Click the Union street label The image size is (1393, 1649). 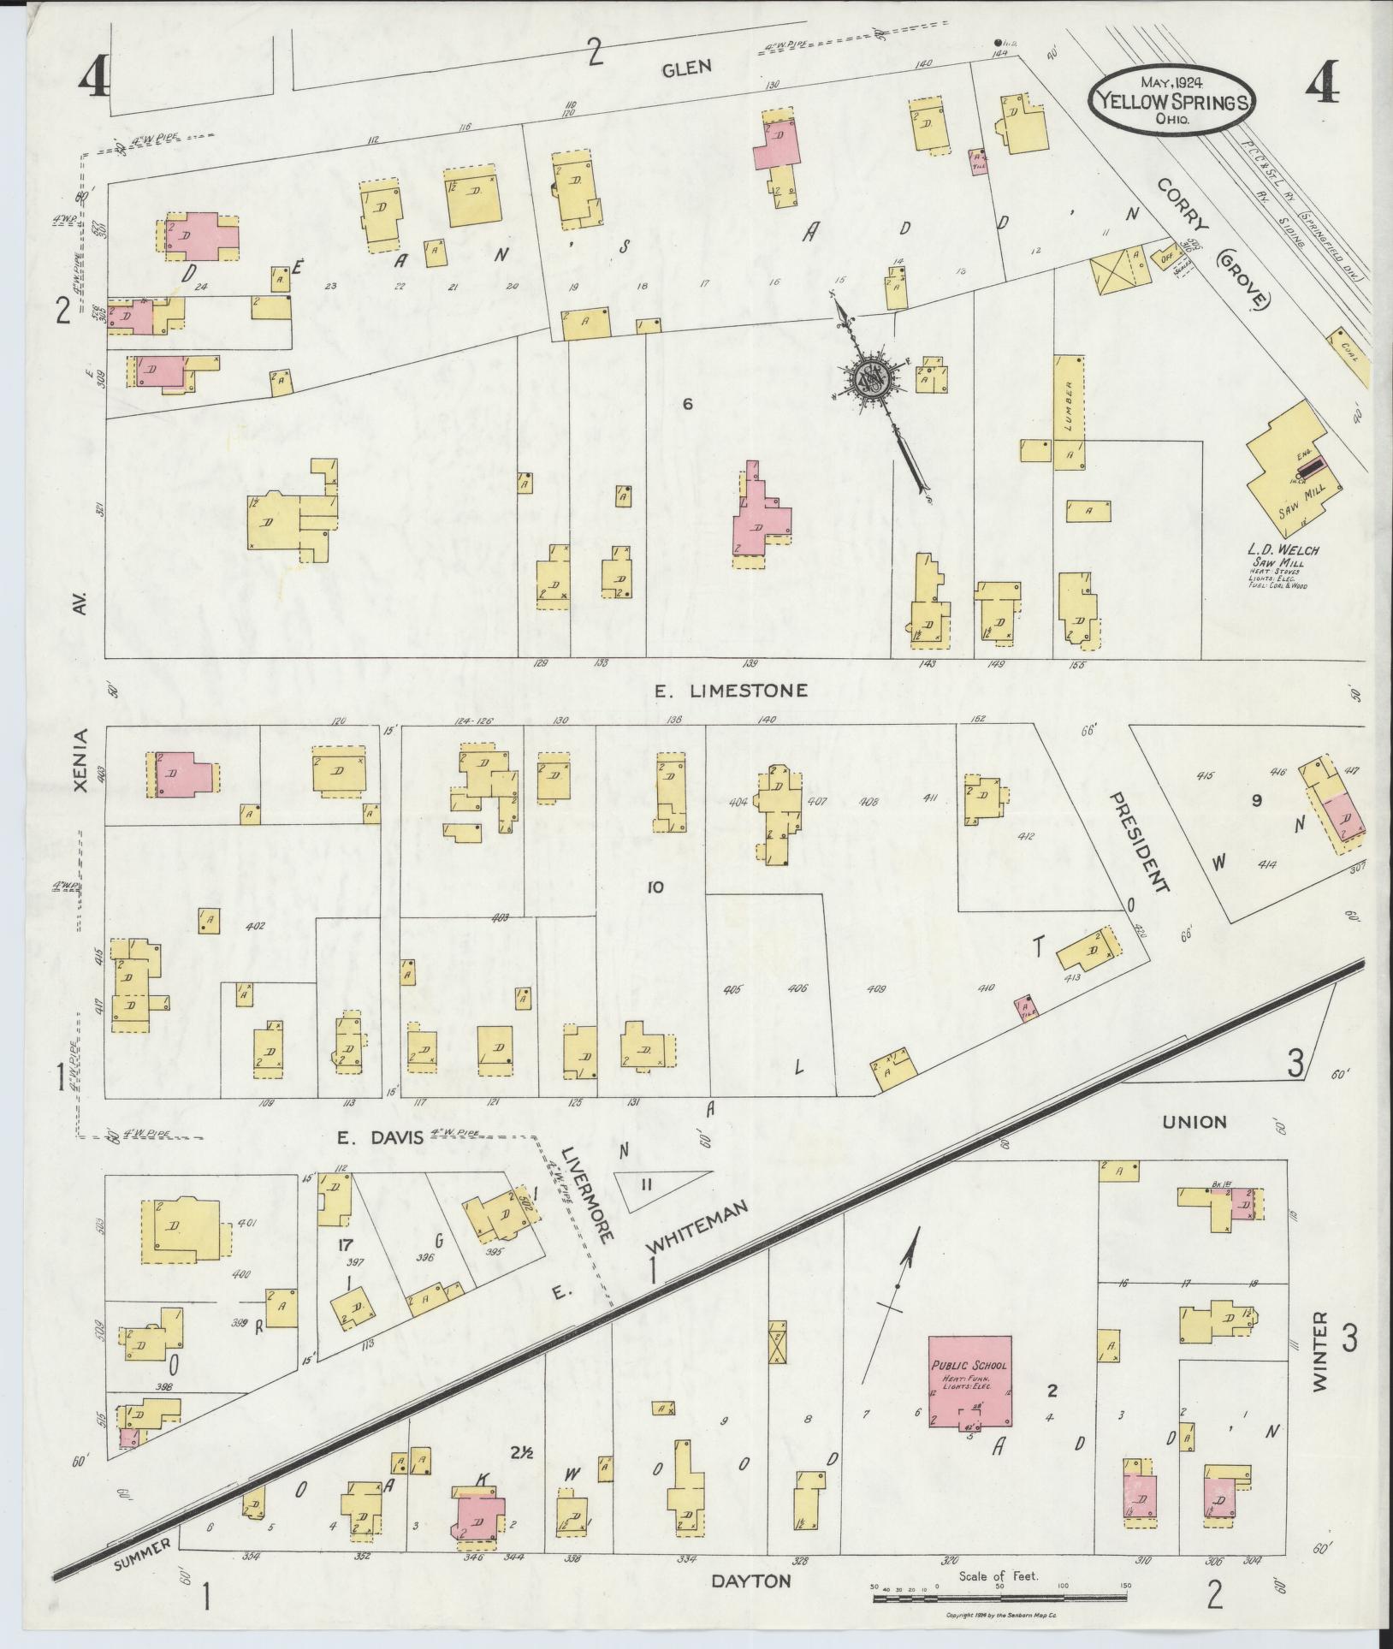coord(1195,1121)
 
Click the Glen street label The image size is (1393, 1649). coord(686,68)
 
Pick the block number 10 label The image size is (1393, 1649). coord(655,887)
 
